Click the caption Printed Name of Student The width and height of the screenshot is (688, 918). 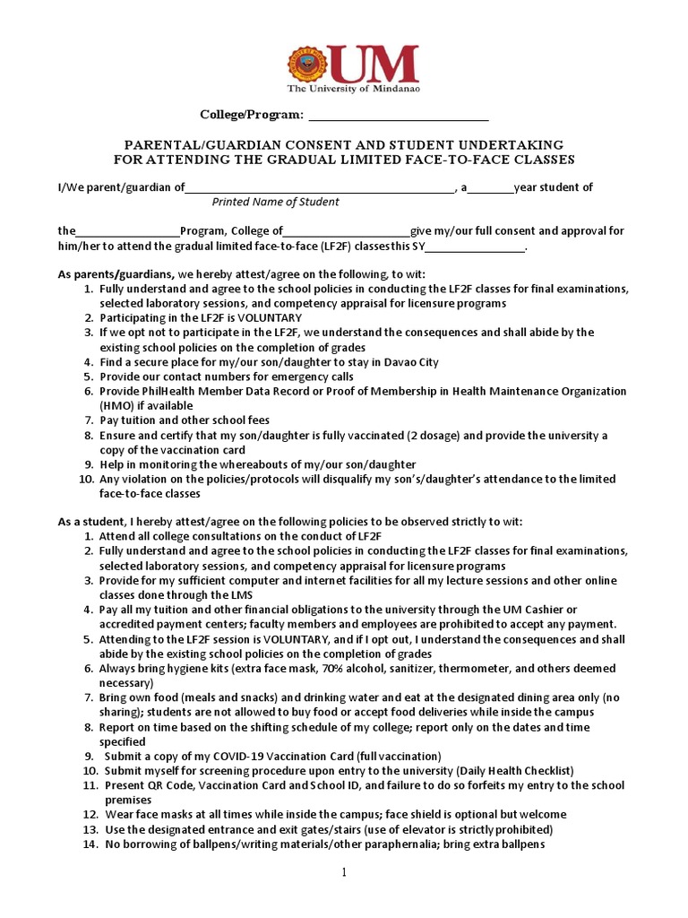click(x=275, y=202)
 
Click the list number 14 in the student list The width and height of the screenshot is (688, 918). click(x=90, y=844)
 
